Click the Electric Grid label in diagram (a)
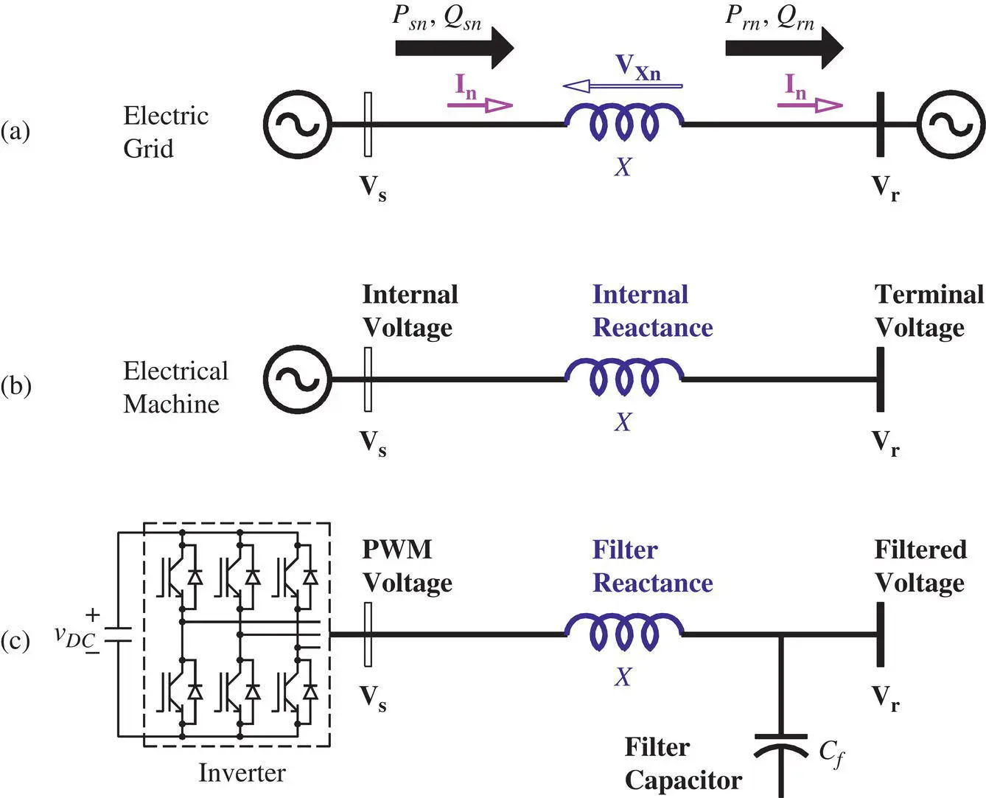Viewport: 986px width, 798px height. (x=166, y=132)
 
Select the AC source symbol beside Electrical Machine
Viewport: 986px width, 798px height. (x=298, y=379)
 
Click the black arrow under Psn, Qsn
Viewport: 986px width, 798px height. (x=454, y=48)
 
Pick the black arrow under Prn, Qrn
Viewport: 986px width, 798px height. (x=784, y=48)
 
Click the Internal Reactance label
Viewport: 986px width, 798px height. (x=652, y=311)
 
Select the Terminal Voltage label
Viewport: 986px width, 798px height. (x=929, y=311)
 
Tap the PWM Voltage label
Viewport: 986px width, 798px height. (x=407, y=566)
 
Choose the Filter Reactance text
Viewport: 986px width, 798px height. (x=652, y=566)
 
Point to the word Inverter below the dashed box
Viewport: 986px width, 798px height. (x=242, y=772)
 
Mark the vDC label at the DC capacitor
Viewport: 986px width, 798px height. (x=74, y=638)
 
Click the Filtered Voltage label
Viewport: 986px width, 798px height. (x=920, y=566)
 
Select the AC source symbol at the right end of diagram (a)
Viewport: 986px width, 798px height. (x=950, y=124)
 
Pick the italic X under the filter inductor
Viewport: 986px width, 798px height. (x=623, y=677)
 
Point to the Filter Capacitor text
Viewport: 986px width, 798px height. (x=683, y=764)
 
